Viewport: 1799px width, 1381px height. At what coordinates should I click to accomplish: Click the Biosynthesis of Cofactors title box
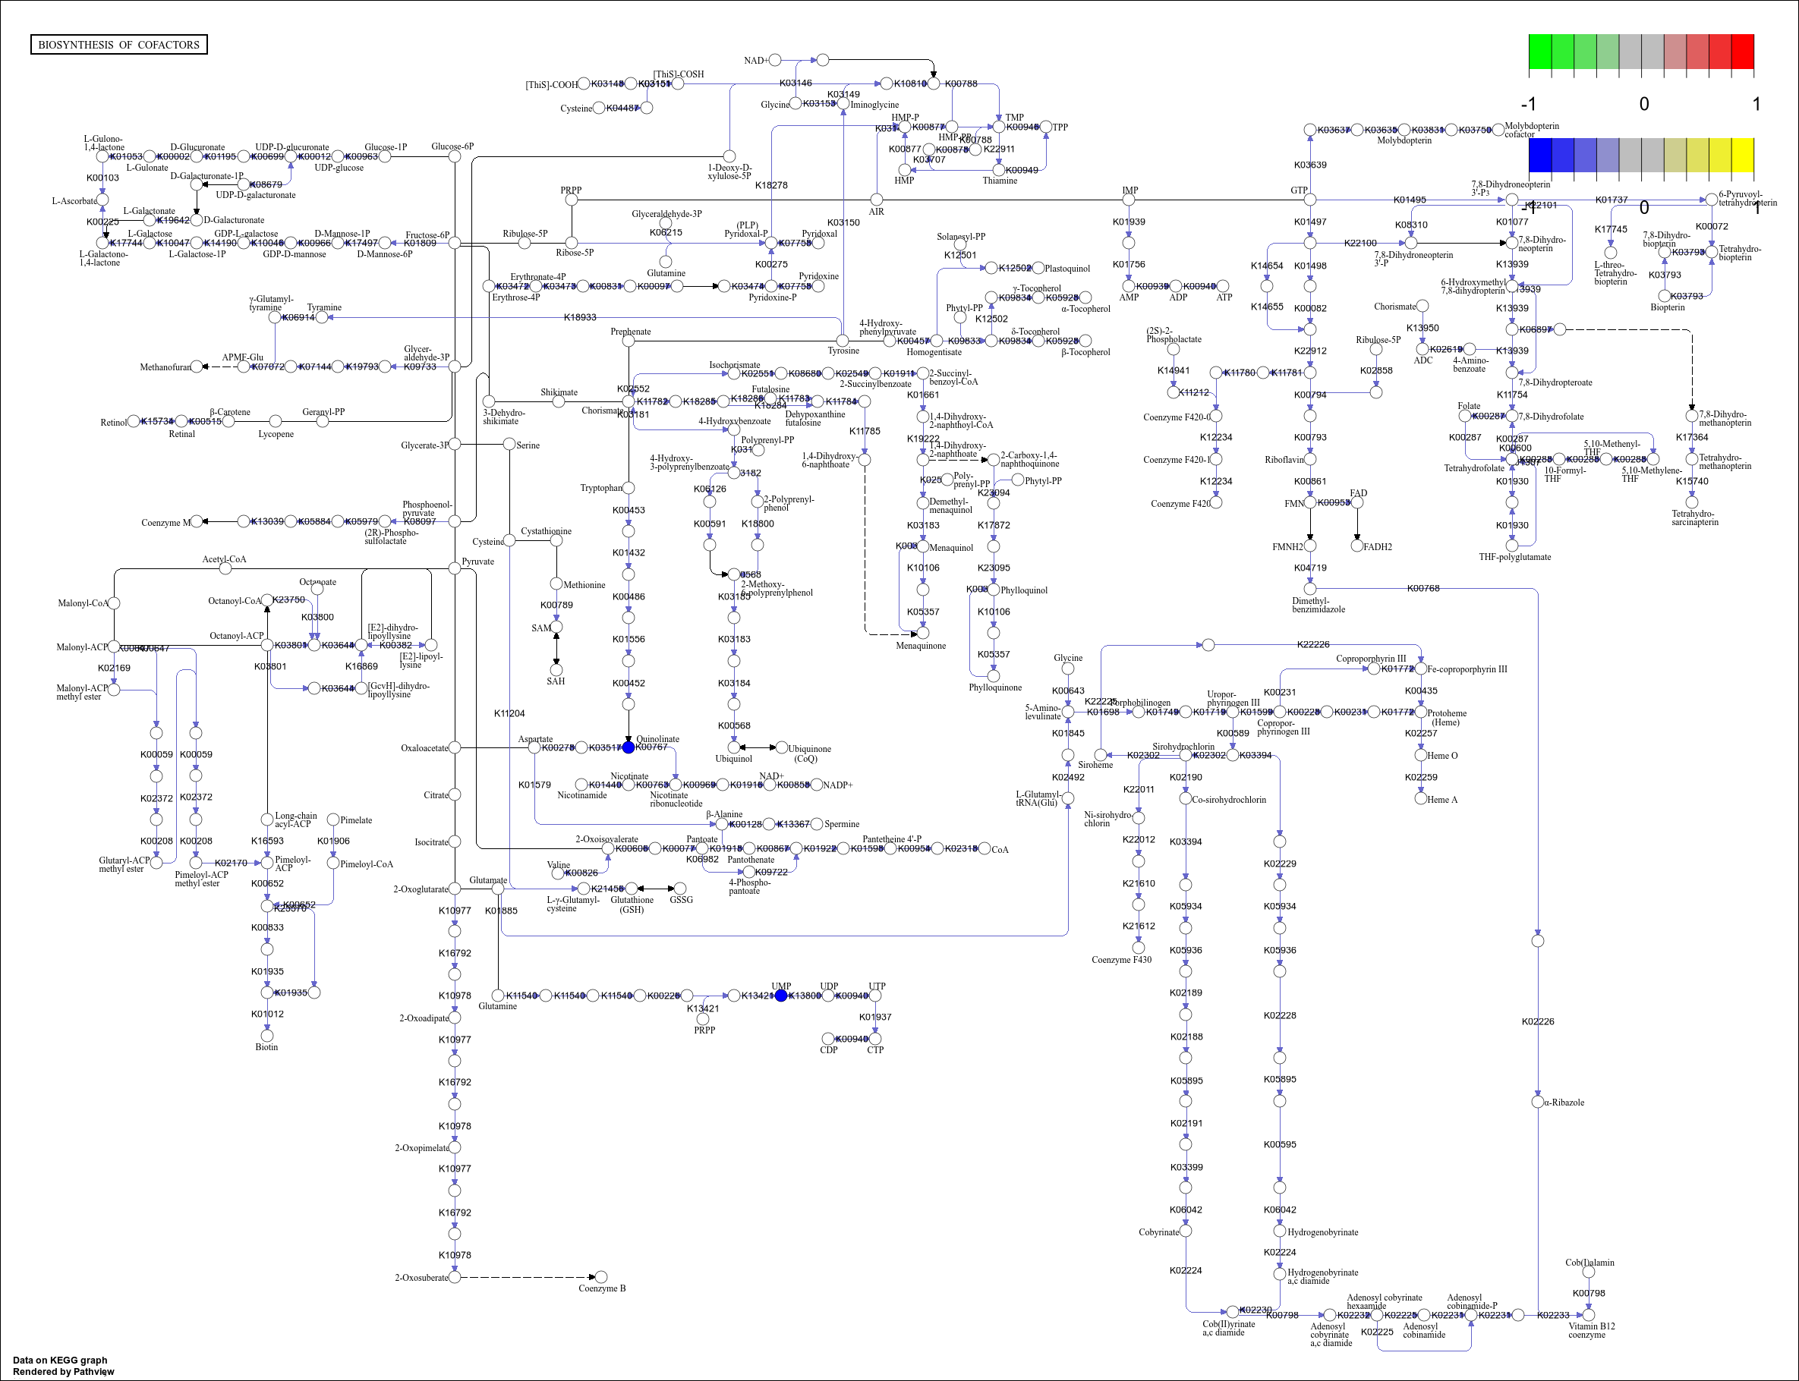(x=118, y=44)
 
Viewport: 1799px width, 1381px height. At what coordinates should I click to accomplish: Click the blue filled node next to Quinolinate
(x=629, y=747)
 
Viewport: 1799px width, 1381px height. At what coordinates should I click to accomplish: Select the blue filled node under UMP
(x=781, y=996)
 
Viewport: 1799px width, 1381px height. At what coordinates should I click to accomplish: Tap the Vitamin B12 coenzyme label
(x=1591, y=1330)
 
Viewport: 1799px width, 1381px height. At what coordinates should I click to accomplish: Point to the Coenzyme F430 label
(x=1120, y=959)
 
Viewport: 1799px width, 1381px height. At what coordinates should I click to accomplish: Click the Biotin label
(x=266, y=1046)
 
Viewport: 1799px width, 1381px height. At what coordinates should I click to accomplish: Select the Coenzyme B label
(x=601, y=1288)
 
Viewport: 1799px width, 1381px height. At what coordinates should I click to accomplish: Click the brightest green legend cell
(x=1539, y=52)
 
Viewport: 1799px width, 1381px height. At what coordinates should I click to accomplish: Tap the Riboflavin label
(x=1284, y=460)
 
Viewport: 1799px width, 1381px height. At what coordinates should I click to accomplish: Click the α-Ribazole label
(x=1563, y=1103)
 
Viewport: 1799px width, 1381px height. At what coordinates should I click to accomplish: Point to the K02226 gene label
(x=1538, y=1021)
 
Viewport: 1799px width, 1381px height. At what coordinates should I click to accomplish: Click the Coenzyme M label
(x=165, y=522)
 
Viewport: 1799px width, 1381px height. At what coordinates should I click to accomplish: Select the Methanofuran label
(x=165, y=366)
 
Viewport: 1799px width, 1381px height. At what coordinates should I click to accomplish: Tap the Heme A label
(x=1441, y=799)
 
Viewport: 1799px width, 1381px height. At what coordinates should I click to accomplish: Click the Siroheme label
(x=1095, y=765)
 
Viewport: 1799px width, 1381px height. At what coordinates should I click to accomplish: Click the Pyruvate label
(x=477, y=562)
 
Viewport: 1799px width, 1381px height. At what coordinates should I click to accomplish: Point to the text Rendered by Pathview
(x=63, y=1371)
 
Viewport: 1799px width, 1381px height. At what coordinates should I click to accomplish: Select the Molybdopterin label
(x=1404, y=140)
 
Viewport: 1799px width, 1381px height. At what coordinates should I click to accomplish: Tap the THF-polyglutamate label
(x=1514, y=556)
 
